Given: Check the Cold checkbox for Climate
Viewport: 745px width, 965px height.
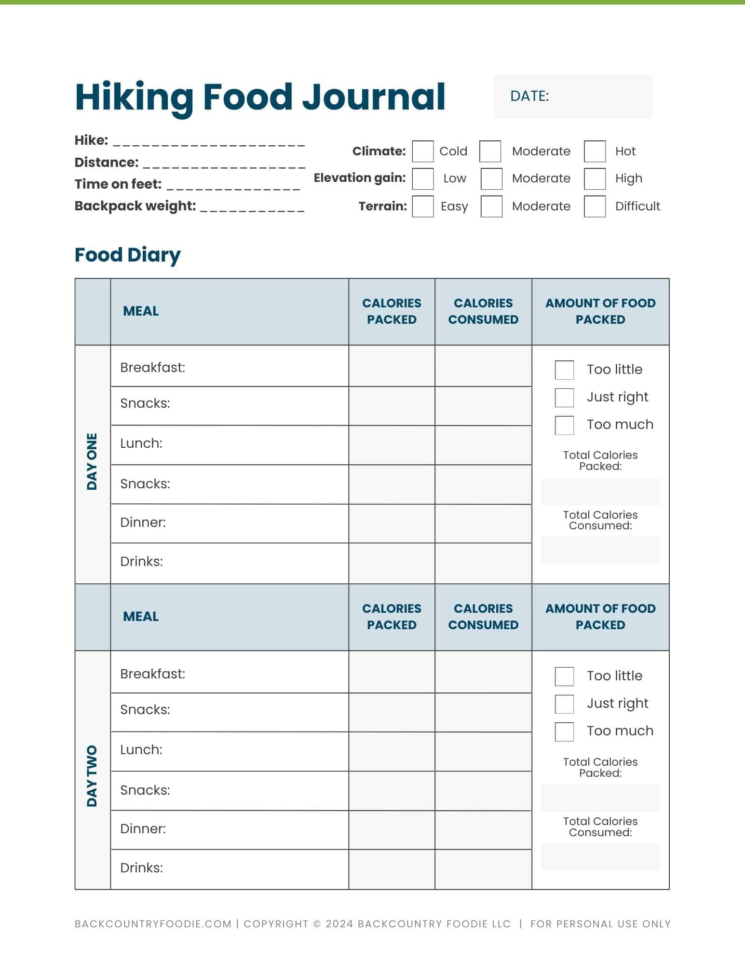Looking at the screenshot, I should pyautogui.click(x=422, y=152).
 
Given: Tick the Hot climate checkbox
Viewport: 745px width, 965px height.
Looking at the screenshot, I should pyautogui.click(x=595, y=152).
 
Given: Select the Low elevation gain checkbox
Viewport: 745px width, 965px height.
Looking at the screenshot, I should pyautogui.click(x=422, y=179).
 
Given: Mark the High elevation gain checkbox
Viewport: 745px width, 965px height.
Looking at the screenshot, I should pyautogui.click(x=595, y=179).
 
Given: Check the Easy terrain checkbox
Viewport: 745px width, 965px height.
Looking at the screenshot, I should pyautogui.click(x=422, y=207).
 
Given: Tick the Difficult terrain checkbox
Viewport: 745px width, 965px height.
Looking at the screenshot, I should pyautogui.click(x=595, y=207).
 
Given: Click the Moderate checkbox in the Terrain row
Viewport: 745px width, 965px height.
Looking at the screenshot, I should pyautogui.click(x=491, y=207).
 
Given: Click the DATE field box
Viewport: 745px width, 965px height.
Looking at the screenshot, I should pyautogui.click(x=572, y=96).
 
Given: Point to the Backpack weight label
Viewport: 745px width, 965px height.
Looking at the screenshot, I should pyautogui.click(x=135, y=206).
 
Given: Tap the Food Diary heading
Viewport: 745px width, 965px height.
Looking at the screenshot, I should pyautogui.click(x=127, y=255).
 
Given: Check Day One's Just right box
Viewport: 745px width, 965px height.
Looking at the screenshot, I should pyautogui.click(x=564, y=398).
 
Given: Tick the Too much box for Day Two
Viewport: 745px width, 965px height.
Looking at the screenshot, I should pyautogui.click(x=564, y=731).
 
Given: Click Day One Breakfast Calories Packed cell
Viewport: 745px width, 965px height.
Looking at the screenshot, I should pyautogui.click(x=392, y=366).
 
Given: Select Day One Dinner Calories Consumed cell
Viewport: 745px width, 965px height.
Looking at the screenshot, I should pyautogui.click(x=483, y=524).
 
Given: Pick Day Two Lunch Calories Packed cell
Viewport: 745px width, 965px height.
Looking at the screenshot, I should pyautogui.click(x=392, y=751).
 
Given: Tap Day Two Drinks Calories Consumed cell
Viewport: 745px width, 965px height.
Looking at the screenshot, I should pyautogui.click(x=483, y=869).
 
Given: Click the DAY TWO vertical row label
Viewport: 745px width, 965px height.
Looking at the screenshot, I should pyautogui.click(x=92, y=776).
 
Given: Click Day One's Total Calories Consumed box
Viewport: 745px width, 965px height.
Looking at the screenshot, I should pyautogui.click(x=600, y=550).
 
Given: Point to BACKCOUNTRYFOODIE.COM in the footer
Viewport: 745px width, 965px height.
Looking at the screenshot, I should pyautogui.click(x=153, y=924).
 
